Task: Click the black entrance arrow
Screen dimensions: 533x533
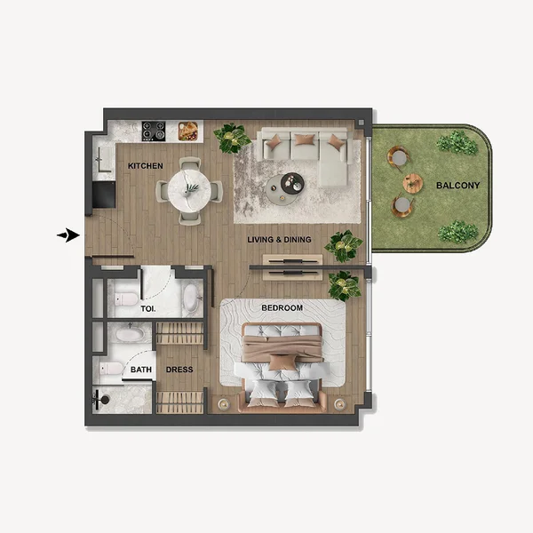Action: tap(68, 235)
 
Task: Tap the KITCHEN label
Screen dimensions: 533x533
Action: tap(145, 166)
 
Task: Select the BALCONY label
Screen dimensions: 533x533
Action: tap(457, 186)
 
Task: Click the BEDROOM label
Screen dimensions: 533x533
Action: tap(282, 308)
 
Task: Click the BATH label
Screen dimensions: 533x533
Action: tap(140, 370)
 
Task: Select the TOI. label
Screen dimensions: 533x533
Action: tap(147, 309)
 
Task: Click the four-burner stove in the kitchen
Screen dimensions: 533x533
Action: tap(154, 131)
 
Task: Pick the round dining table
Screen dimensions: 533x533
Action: tap(189, 189)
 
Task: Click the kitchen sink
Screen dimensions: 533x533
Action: tap(101, 160)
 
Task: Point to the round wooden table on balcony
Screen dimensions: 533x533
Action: tap(413, 183)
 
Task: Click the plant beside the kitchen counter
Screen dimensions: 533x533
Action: tap(232, 137)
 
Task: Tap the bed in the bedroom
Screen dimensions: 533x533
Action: tap(282, 364)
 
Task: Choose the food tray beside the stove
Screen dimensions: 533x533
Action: tap(187, 131)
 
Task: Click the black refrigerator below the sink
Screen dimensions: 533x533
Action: tap(103, 193)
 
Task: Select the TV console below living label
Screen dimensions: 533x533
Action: tap(291, 264)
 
